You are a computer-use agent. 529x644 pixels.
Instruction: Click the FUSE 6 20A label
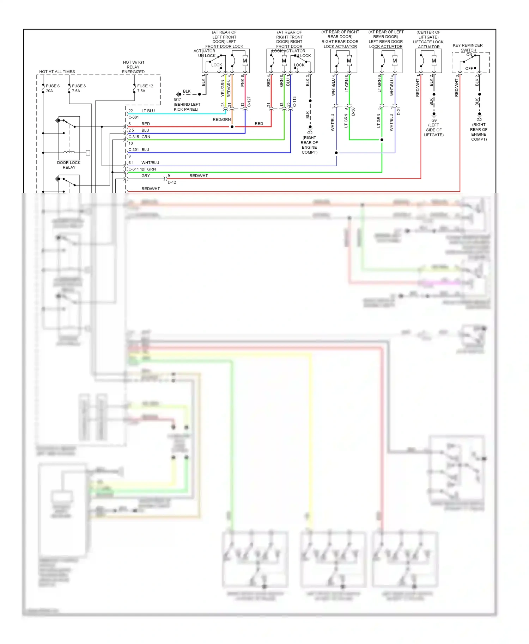(52, 88)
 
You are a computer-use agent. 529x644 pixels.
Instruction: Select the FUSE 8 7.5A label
(78, 88)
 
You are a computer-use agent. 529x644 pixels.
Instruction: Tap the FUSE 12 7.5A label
(145, 88)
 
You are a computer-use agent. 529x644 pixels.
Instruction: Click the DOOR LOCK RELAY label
(69, 165)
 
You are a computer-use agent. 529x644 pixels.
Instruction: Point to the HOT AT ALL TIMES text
(57, 72)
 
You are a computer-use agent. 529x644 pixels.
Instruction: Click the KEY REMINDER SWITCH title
(468, 48)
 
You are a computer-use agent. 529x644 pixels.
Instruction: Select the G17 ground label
(177, 100)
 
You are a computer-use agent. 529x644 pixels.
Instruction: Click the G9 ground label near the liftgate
(434, 120)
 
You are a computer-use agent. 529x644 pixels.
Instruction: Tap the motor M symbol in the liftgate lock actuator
(434, 61)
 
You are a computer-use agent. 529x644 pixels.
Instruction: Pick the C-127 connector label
(249, 101)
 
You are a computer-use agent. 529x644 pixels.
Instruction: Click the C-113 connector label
(294, 101)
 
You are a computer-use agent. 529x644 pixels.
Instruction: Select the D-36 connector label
(353, 112)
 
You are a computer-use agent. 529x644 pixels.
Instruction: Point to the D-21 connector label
(399, 112)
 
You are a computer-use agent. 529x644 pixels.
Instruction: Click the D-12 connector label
(172, 182)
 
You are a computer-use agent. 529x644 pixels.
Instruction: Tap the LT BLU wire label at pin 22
(148, 111)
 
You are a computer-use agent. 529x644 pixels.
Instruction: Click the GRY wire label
(146, 175)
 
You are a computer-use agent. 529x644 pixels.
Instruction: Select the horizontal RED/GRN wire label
(221, 120)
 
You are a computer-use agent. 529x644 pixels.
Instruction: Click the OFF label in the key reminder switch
(469, 68)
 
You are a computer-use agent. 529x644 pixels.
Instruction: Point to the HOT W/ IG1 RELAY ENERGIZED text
(133, 67)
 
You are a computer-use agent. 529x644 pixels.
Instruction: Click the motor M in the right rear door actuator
(349, 61)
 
